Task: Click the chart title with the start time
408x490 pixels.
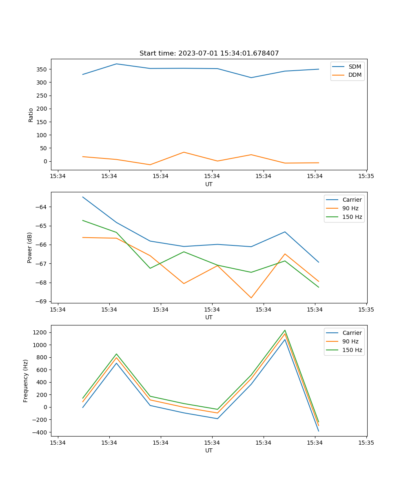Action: [x=209, y=53]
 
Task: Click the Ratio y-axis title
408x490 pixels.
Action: [x=31, y=115]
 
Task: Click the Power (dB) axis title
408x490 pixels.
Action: [x=30, y=248]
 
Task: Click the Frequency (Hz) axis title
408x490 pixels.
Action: [x=26, y=381]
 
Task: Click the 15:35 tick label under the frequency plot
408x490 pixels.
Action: [x=366, y=443]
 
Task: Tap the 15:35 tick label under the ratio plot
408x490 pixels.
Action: [x=366, y=176]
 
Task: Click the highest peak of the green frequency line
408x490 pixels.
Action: [x=285, y=330]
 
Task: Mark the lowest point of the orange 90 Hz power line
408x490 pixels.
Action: [x=251, y=298]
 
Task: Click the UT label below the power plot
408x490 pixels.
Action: [x=209, y=317]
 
